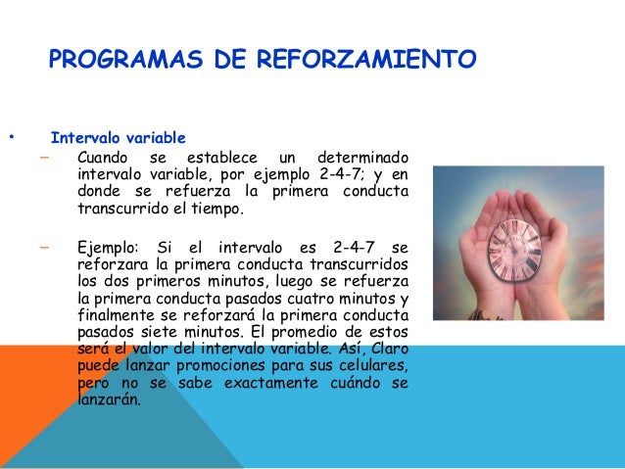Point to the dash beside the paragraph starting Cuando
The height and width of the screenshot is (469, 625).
pyautogui.click(x=45, y=158)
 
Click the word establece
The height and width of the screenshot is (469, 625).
pyautogui.click(x=220, y=158)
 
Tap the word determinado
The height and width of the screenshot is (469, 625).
pyautogui.click(x=361, y=158)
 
